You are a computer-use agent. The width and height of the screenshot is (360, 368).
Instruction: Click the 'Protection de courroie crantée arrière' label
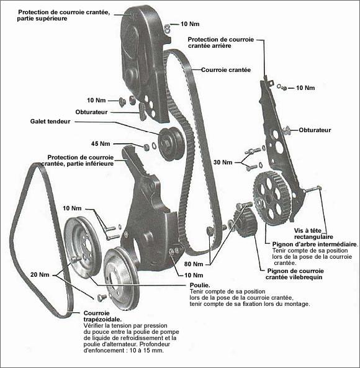227,43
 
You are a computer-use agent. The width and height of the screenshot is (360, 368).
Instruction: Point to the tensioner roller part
168,142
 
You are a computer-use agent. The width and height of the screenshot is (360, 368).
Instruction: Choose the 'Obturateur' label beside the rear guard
315,130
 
